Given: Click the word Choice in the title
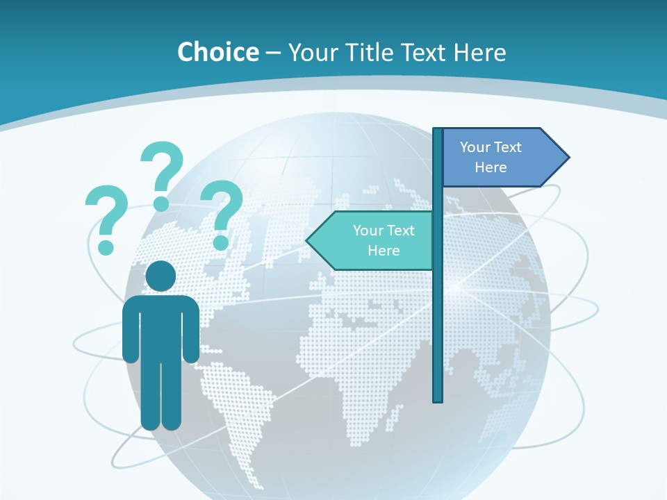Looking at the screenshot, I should pyautogui.click(x=217, y=52).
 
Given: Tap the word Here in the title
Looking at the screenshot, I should pyautogui.click(x=479, y=52).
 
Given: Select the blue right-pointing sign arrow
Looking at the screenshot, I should pyautogui.click(x=500, y=158).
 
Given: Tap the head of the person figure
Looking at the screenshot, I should pyautogui.click(x=160, y=276).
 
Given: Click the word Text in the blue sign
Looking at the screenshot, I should pyautogui.click(x=507, y=147).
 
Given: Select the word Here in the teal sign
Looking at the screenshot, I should pyautogui.click(x=384, y=251).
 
